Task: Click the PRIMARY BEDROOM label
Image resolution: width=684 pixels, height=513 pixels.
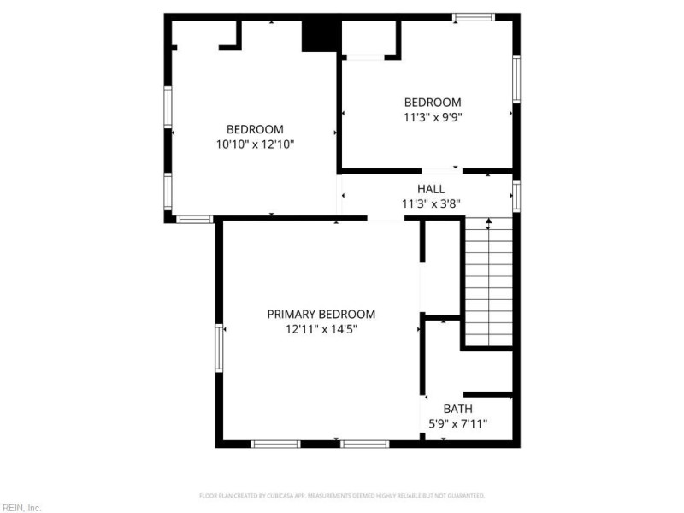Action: pyautogui.click(x=321, y=314)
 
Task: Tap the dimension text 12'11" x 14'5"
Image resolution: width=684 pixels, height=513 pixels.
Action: pyautogui.click(x=321, y=328)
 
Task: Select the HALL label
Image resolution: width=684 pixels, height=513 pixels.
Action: pyautogui.click(x=430, y=189)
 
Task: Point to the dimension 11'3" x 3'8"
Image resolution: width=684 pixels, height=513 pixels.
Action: pyautogui.click(x=430, y=203)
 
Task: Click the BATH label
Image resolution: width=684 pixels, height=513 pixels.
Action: pyautogui.click(x=457, y=409)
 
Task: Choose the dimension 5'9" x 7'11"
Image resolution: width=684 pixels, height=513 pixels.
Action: pyautogui.click(x=457, y=423)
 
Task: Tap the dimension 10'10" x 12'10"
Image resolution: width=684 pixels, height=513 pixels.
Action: pyautogui.click(x=255, y=144)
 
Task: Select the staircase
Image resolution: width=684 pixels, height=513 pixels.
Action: pyautogui.click(x=488, y=282)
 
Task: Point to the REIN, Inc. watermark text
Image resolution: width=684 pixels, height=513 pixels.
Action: pyautogui.click(x=21, y=507)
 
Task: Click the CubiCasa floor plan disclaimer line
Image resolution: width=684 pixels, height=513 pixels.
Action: pyautogui.click(x=342, y=495)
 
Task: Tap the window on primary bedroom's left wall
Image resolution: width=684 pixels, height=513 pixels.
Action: pyautogui.click(x=219, y=348)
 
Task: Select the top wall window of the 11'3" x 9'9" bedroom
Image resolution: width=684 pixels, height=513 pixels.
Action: pyautogui.click(x=474, y=16)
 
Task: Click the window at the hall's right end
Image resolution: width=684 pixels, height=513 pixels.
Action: pyautogui.click(x=516, y=195)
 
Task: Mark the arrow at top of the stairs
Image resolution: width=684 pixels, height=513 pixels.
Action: pyautogui.click(x=488, y=225)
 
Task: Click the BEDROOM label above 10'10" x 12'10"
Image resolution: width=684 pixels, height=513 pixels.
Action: pyautogui.click(x=255, y=130)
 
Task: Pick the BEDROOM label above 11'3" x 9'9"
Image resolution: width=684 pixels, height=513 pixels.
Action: pyautogui.click(x=433, y=102)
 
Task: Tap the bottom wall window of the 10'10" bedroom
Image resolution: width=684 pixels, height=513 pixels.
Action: pyautogui.click(x=194, y=219)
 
